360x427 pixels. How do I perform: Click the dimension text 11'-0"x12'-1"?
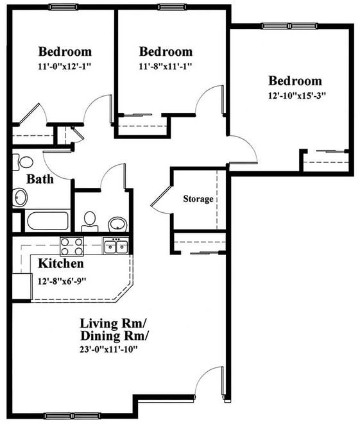[x=65, y=65]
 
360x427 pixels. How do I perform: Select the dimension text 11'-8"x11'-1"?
[x=166, y=65]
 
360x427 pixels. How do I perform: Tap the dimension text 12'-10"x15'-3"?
[x=295, y=96]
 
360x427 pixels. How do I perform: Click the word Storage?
[x=198, y=199]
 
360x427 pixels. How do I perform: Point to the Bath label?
[x=40, y=179]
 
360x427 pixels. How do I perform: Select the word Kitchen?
[x=60, y=264]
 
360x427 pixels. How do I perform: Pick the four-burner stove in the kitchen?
[x=72, y=246]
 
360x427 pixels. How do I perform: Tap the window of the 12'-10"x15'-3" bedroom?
[x=289, y=26]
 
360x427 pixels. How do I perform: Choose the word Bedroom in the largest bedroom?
[x=295, y=81]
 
